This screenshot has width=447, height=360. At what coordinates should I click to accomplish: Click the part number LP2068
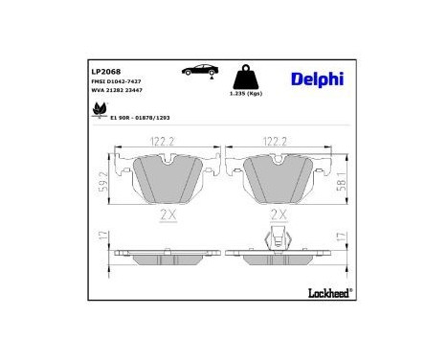tap(103, 70)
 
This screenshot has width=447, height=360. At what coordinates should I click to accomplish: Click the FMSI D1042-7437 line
tap(118, 83)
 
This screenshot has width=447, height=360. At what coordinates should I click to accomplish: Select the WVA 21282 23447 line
tap(118, 94)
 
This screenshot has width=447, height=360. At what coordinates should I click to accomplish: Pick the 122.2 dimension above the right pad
tap(279, 141)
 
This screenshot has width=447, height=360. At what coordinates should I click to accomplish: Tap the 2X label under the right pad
tap(279, 214)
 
